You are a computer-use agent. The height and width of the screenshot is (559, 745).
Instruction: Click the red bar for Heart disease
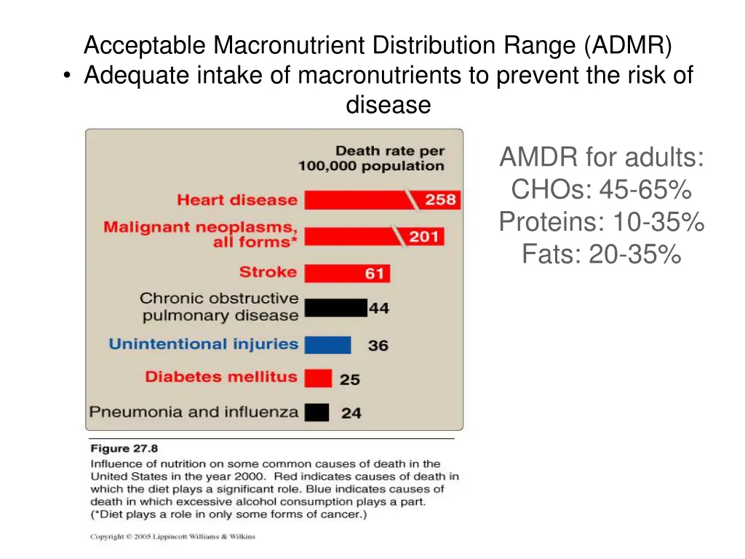[356, 200]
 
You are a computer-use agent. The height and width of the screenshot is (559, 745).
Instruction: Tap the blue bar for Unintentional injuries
[327, 344]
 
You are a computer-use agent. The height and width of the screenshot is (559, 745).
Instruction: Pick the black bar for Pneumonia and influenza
[316, 412]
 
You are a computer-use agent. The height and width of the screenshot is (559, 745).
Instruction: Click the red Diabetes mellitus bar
[318, 378]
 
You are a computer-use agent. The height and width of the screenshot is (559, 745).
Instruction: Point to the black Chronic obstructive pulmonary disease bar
[335, 308]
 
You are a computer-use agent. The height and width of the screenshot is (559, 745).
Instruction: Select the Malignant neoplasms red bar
[349, 236]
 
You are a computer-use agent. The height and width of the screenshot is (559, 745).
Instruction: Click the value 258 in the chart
[440, 199]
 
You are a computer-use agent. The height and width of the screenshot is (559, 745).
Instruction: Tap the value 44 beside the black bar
[378, 309]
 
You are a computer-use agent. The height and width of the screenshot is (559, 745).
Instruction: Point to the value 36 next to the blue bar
[378, 346]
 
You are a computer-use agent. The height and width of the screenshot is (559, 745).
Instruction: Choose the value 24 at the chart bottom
[351, 413]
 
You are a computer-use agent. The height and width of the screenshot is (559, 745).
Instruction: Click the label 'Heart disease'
[237, 200]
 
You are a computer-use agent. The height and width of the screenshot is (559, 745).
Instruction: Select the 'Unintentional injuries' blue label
[204, 344]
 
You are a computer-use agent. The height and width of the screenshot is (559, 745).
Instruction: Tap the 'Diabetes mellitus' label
[221, 377]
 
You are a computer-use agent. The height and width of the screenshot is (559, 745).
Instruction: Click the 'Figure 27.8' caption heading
[124, 449]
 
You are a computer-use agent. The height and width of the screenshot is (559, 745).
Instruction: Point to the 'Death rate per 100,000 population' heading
[371, 159]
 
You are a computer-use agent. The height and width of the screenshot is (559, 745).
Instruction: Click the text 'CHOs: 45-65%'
[601, 190]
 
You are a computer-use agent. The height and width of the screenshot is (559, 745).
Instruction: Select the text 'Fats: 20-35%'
[601, 254]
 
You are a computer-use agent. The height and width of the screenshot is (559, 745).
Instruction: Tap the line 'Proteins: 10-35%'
[601, 222]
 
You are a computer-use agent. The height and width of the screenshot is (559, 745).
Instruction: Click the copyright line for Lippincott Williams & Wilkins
[172, 537]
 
